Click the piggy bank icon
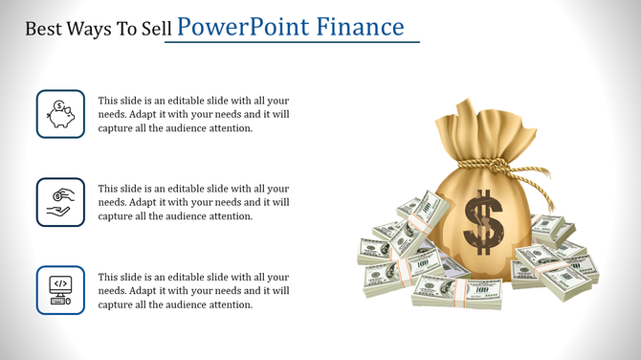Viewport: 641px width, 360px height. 60,114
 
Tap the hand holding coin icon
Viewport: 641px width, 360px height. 60,202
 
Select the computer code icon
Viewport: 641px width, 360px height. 60,290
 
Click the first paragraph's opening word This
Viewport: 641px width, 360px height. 109,101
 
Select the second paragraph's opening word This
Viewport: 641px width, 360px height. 109,189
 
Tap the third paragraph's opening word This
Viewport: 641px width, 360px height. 109,277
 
